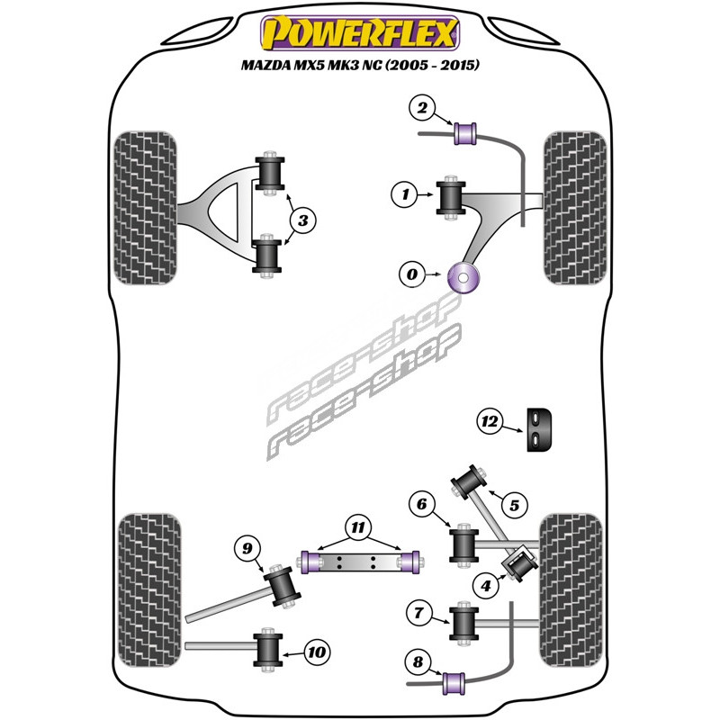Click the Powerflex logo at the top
point(360,33)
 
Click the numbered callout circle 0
point(412,274)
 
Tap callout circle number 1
point(405,194)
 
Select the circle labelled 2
point(422,108)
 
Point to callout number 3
point(303,220)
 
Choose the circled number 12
point(490,420)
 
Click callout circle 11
point(358,527)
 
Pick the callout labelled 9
point(247,548)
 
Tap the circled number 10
point(317,652)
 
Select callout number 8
point(418,661)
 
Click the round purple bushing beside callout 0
point(463,278)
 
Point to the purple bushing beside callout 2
point(465,133)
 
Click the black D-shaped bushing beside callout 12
point(539,429)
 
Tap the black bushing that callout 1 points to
point(451,198)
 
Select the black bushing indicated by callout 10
point(268,650)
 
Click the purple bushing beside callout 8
point(454,684)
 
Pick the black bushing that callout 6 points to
point(463,545)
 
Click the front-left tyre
point(145,208)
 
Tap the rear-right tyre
point(571,590)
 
